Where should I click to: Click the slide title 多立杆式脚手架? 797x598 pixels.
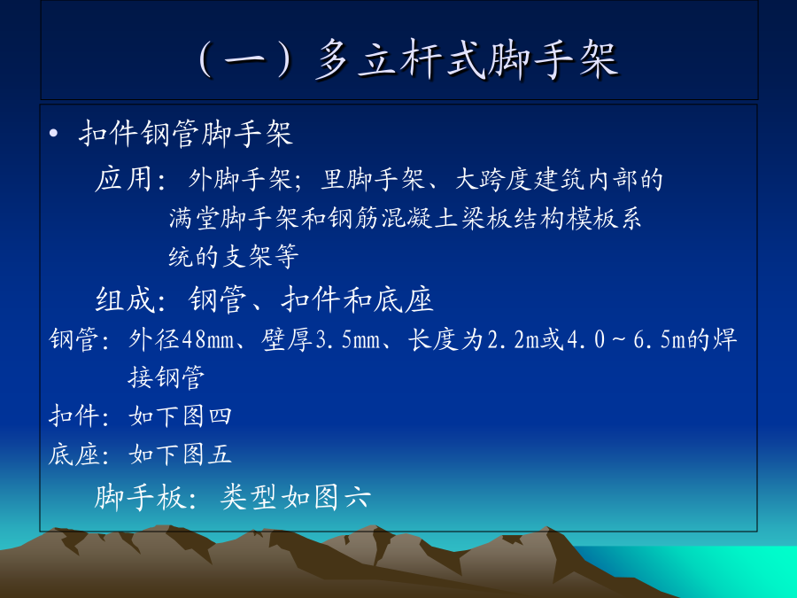[x=467, y=60]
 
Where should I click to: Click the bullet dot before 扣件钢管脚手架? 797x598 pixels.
[x=53, y=135]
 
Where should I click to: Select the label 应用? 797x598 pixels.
[x=130, y=180]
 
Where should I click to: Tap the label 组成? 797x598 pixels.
[x=130, y=299]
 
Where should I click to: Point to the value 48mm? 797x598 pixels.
[x=207, y=339]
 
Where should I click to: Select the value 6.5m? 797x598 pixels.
[x=660, y=339]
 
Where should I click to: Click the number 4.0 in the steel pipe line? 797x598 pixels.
[x=586, y=339]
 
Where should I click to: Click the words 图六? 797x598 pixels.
[x=342, y=497]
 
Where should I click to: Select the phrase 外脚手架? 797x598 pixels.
[x=239, y=180]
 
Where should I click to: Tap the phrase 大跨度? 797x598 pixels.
[x=493, y=180]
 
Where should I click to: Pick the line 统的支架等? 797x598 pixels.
[x=234, y=256]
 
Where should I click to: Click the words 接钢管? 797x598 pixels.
[x=166, y=377]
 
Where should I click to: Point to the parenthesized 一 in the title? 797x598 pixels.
[x=245, y=60]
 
